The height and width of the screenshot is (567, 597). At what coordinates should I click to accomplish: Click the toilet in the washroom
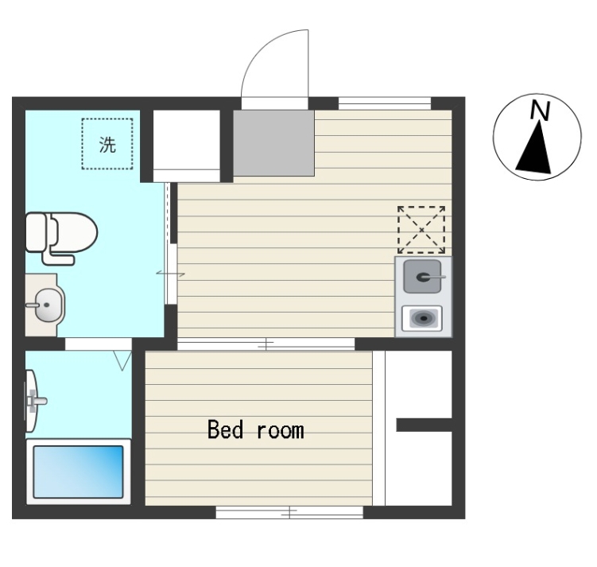point(61,237)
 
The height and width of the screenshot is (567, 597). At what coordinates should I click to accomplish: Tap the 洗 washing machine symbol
point(107,144)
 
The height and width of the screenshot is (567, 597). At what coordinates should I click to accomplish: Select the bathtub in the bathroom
point(79,472)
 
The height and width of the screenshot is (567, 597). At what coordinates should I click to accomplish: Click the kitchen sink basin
point(423,277)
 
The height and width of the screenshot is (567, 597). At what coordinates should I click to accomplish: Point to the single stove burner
point(422,318)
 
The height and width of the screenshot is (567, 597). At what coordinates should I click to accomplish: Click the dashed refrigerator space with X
point(421,230)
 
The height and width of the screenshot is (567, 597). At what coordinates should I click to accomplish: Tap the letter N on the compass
point(541,111)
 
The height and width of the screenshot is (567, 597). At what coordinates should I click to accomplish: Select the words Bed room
point(256,430)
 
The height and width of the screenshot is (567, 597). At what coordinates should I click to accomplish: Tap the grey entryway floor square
point(273,143)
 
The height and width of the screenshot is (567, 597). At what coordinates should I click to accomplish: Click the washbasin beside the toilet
point(45,305)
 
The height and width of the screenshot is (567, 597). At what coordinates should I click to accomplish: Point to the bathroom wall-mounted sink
point(33,401)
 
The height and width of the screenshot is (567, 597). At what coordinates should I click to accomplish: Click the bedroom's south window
point(289,513)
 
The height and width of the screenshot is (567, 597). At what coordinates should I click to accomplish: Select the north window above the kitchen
point(385,103)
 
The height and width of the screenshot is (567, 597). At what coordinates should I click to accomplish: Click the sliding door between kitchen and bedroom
point(266,344)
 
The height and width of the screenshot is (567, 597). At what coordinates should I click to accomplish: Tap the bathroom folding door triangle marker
point(122,360)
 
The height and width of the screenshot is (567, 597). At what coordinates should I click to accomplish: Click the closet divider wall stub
point(424,425)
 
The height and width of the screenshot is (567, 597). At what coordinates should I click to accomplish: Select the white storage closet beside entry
point(187,146)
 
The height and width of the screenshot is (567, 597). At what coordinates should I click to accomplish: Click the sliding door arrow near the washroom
point(170,274)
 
